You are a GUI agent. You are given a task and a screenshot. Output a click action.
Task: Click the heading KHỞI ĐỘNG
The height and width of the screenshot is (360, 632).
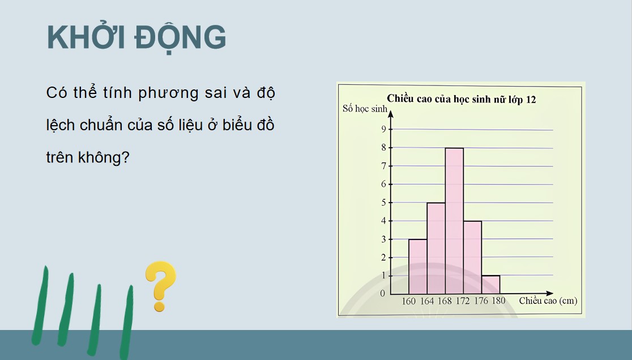click(136, 38)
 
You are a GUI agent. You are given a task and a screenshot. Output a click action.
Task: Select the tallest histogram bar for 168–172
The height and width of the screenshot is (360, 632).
click(454, 221)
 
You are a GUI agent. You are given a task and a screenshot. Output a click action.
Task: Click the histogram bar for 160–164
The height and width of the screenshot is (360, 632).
click(417, 266)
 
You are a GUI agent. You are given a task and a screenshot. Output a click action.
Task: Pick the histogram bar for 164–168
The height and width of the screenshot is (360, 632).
click(436, 248)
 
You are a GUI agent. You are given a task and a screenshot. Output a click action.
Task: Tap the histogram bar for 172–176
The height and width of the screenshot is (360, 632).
click(472, 257)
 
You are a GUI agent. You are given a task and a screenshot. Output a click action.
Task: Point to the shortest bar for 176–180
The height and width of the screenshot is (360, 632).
click(490, 284)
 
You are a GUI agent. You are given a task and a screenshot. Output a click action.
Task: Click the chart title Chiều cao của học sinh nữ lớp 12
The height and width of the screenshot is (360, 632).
click(461, 99)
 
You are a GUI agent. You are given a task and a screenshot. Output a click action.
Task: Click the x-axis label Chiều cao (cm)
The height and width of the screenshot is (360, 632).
click(548, 301)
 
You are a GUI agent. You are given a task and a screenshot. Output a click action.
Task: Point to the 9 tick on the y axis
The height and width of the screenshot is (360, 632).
click(383, 129)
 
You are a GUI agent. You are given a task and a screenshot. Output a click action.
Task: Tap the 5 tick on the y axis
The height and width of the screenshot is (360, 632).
click(383, 202)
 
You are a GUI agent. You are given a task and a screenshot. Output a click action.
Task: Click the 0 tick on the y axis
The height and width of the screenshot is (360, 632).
click(383, 293)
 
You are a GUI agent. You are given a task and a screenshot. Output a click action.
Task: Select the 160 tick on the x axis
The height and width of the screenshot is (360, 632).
click(408, 301)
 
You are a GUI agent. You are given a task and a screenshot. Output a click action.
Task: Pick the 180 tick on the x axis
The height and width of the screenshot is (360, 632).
click(498, 301)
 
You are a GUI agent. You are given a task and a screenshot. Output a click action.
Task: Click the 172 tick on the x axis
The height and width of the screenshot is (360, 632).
click(463, 301)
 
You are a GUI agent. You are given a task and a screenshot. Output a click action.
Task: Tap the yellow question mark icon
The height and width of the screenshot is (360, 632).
click(160, 285)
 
